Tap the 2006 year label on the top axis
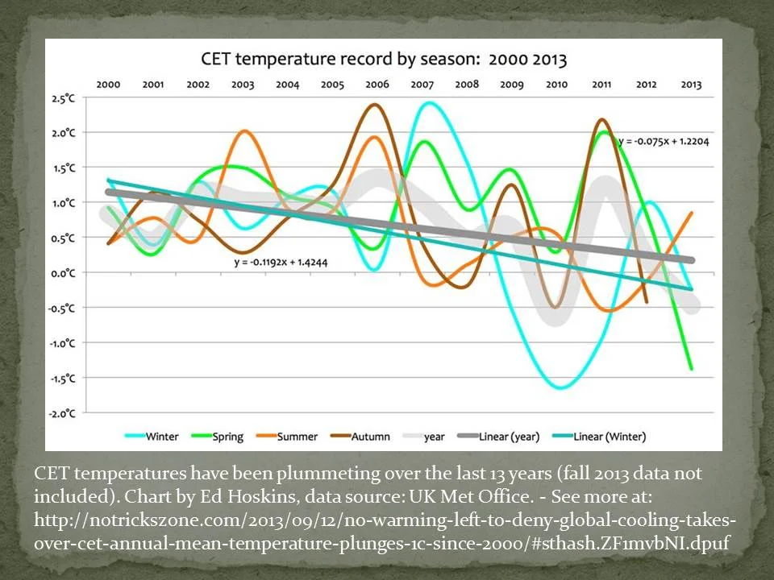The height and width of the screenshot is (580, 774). click(377, 84)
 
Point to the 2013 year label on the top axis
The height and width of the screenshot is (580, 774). click(691, 84)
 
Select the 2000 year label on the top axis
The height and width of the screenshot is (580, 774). click(108, 84)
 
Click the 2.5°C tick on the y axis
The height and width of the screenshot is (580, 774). click(73, 98)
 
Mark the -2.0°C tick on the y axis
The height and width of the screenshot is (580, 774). click(71, 413)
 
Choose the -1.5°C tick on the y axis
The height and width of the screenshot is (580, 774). click(71, 378)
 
